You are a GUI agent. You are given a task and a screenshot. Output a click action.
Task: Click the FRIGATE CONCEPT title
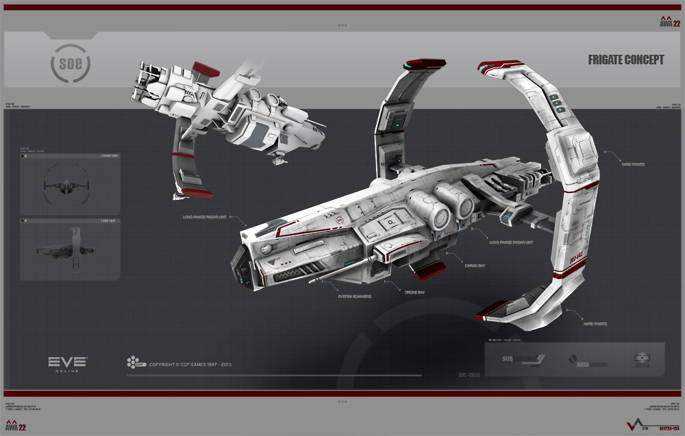click(625, 60)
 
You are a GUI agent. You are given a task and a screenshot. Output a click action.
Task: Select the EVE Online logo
click(67, 363)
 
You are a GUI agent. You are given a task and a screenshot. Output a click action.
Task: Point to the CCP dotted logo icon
click(133, 362)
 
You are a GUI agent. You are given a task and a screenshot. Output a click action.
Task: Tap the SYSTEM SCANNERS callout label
click(354, 296)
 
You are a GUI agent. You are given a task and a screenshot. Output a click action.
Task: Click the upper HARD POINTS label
click(632, 165)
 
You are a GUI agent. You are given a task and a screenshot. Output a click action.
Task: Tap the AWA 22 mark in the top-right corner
click(670, 21)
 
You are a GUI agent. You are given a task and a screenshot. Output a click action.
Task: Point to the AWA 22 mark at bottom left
click(15, 426)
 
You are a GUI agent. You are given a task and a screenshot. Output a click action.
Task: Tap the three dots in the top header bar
click(342, 25)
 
